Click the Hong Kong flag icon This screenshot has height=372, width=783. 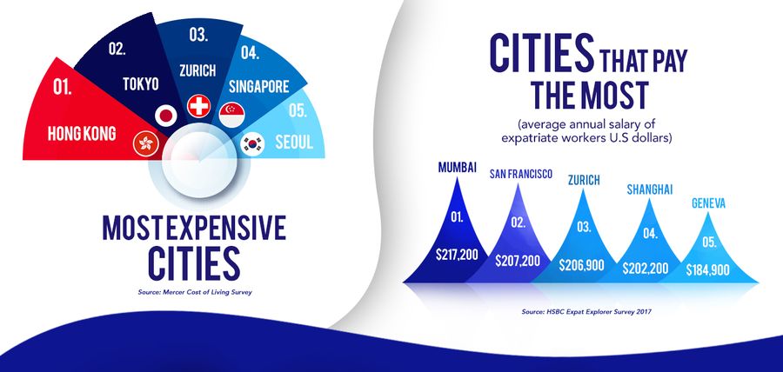pyautogui.click(x=146, y=143)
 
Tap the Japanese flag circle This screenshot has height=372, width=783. pyautogui.click(x=166, y=116)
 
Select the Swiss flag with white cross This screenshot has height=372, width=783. pyautogui.click(x=198, y=106)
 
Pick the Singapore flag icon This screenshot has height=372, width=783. pyautogui.click(x=231, y=116)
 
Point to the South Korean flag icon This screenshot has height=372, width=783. pyautogui.click(x=252, y=144)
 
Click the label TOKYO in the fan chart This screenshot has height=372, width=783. pyautogui.click(x=141, y=83)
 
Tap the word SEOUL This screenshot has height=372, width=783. pyautogui.click(x=294, y=143)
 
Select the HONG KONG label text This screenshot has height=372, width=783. pyautogui.click(x=82, y=133)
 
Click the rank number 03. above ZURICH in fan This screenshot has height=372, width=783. pyautogui.click(x=199, y=35)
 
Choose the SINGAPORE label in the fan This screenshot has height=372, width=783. pyautogui.click(x=259, y=87)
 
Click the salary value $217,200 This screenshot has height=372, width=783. pyautogui.click(x=457, y=255)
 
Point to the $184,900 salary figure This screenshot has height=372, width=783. pyautogui.click(x=707, y=270)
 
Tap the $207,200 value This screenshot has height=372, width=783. pyautogui.click(x=518, y=260)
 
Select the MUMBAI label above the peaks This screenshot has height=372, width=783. pyautogui.click(x=457, y=167)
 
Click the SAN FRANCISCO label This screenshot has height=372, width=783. pyautogui.click(x=521, y=174)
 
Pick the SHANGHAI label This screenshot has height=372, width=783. pyautogui.click(x=650, y=189)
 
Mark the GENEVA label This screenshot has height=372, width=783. pyautogui.click(x=708, y=203)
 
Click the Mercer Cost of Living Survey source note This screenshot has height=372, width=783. pyautogui.click(x=195, y=293)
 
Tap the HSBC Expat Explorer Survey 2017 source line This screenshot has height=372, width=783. pyautogui.click(x=586, y=312)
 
